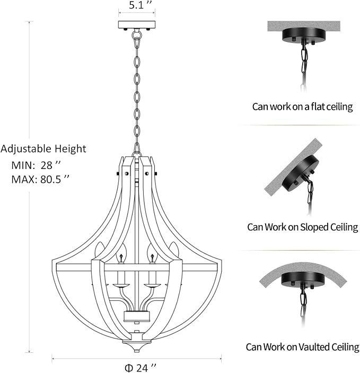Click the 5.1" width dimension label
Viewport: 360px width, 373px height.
point(140,5)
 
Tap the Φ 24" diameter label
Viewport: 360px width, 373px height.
point(141,368)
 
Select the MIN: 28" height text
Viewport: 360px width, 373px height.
point(36,165)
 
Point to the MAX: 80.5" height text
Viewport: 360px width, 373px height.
point(40,179)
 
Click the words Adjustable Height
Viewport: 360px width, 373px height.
point(43,149)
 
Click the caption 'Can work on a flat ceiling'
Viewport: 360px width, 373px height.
point(302,106)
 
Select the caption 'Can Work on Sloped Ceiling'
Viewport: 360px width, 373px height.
point(302,227)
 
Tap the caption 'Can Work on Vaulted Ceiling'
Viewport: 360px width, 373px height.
point(302,347)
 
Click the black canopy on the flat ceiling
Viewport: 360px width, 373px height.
point(304,35)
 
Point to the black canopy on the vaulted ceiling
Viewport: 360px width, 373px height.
point(303,280)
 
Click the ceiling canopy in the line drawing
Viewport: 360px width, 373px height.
point(137,24)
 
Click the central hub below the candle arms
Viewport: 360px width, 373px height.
point(137,316)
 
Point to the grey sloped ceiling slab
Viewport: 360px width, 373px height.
point(293,167)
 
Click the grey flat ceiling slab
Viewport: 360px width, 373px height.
point(304,26)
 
